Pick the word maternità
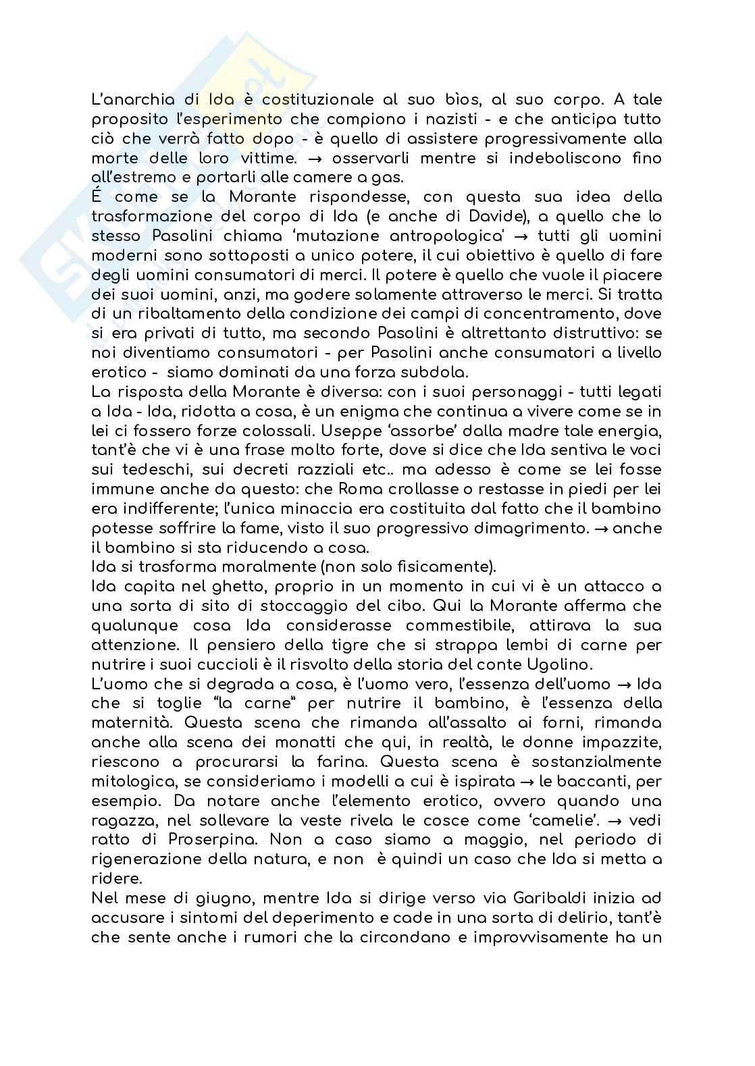130,722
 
